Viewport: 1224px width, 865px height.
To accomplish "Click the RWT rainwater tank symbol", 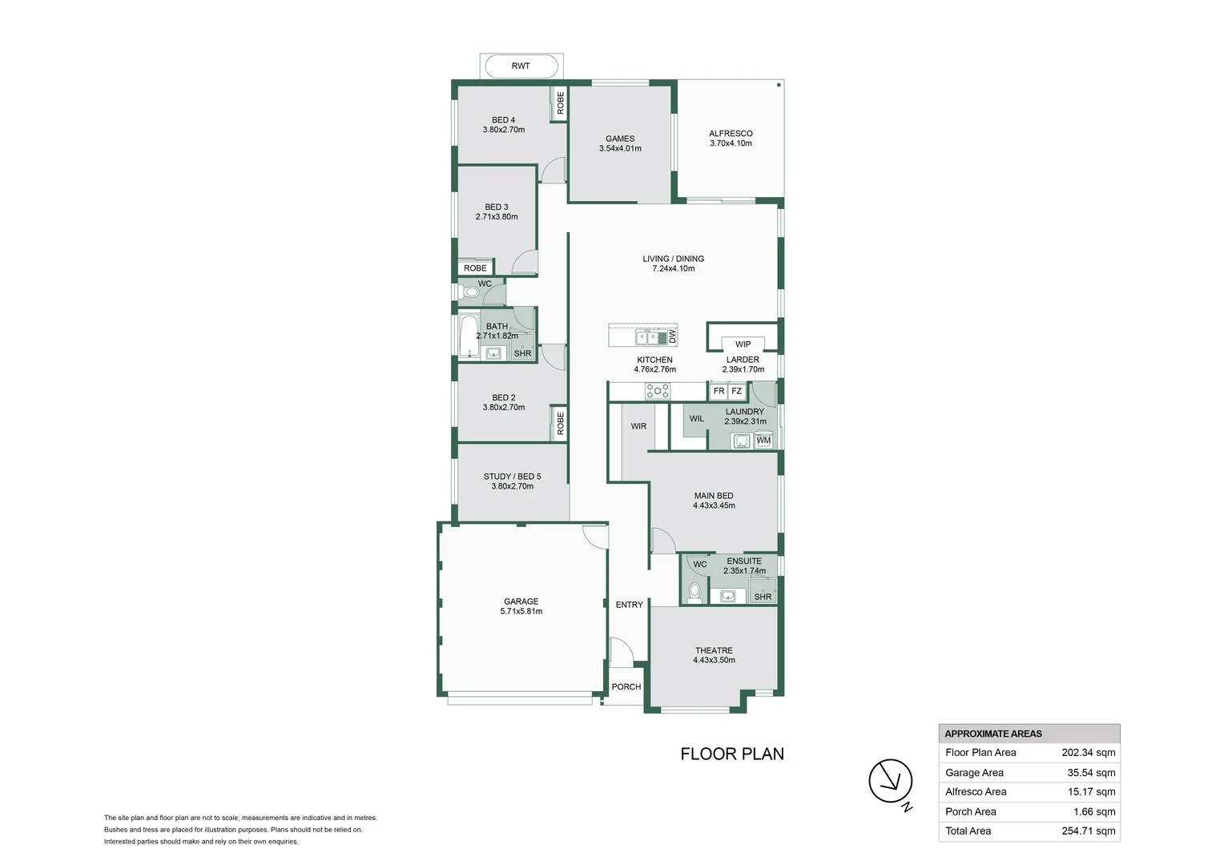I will tap(521, 66).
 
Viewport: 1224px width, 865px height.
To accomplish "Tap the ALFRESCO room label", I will tap(731, 134).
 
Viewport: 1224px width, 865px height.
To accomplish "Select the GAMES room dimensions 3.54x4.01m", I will tap(620, 149).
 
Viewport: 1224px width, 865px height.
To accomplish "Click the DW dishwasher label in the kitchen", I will tap(672, 336).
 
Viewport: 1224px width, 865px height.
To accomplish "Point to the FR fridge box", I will tap(719, 392).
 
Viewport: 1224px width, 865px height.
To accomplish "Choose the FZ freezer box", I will tap(737, 392).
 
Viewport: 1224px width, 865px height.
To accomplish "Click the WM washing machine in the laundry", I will tap(763, 441).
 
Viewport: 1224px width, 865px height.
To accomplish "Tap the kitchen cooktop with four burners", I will tap(658, 392).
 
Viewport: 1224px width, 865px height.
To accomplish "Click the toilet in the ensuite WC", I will tap(695, 592).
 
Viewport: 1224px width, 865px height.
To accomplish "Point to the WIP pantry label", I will tap(743, 344).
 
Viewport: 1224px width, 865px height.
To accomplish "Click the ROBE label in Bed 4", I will tap(560, 103).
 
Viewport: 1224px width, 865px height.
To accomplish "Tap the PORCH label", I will tap(626, 687).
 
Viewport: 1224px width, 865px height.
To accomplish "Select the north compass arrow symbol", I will tap(891, 781).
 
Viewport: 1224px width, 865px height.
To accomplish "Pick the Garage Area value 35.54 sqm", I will tap(1091, 773).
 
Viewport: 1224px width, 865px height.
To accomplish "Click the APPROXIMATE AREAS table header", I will tap(993, 734).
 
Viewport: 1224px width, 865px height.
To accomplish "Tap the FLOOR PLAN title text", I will tap(731, 754).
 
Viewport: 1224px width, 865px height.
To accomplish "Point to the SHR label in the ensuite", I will tap(763, 597).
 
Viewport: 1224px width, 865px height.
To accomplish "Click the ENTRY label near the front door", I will tap(629, 605).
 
